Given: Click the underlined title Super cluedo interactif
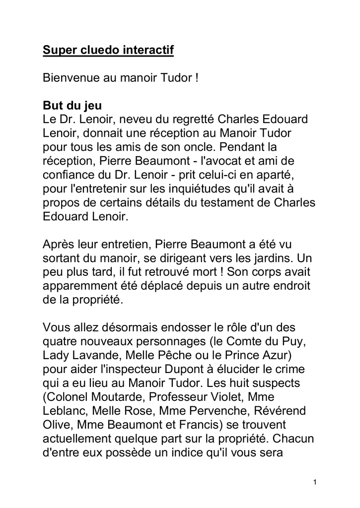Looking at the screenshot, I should click(x=108, y=50).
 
